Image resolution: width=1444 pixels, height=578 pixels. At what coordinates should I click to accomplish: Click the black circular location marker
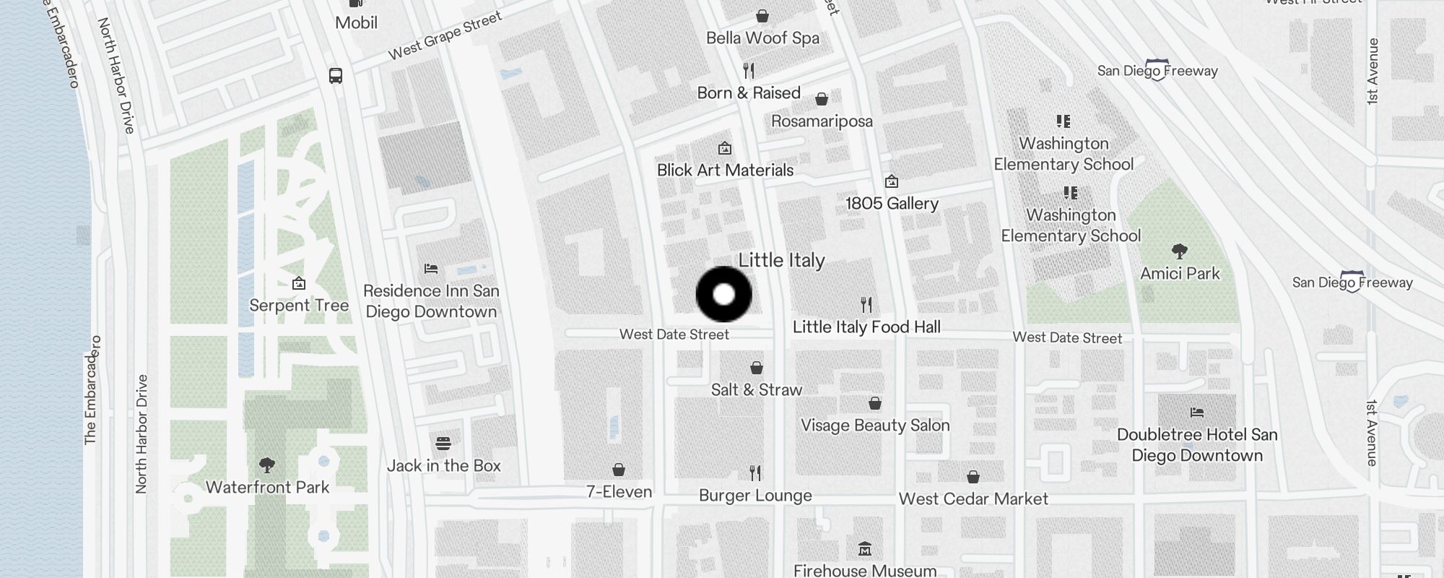click(723, 294)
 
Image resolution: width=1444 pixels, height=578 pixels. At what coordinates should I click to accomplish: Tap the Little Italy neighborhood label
click(781, 260)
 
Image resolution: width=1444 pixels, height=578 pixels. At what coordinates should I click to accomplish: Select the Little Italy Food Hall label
click(866, 327)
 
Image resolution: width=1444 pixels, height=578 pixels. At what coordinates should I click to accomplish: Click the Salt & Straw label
click(756, 389)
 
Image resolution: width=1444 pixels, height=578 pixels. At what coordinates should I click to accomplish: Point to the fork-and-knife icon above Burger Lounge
click(755, 473)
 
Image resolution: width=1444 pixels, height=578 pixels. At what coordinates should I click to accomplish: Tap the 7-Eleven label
click(619, 491)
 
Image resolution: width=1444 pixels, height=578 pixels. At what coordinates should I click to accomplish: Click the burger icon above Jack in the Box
click(443, 443)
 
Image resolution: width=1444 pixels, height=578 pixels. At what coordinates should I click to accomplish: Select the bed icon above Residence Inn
click(431, 269)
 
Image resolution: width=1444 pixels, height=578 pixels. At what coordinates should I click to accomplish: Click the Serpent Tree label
click(299, 305)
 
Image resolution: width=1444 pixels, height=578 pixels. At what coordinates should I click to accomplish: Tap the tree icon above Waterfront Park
click(267, 464)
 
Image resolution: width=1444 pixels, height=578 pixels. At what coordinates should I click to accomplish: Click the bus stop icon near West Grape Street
click(336, 76)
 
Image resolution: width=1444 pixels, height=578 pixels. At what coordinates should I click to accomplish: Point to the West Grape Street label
click(445, 36)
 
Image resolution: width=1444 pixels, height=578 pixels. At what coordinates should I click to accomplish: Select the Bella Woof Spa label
click(762, 38)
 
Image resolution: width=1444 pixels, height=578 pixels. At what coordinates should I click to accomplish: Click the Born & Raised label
click(749, 92)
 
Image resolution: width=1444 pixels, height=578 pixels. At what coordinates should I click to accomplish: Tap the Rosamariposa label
click(822, 121)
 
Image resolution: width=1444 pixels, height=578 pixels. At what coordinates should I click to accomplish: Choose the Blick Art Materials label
click(725, 170)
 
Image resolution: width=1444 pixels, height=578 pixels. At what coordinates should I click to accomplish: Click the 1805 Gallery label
click(892, 203)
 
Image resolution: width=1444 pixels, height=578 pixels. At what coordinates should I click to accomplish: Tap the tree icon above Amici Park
click(1180, 251)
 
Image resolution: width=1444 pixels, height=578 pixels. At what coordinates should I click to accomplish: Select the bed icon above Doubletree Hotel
click(1197, 413)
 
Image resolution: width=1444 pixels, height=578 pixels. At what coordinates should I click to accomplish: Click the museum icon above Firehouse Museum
click(865, 549)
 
